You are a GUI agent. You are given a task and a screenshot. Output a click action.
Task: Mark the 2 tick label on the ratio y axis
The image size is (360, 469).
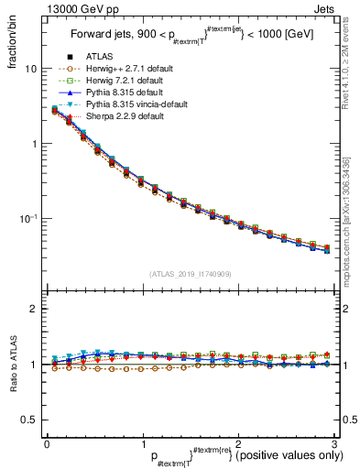tap(31, 310)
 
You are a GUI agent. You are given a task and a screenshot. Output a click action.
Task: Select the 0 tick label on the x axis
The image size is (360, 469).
tap(48, 445)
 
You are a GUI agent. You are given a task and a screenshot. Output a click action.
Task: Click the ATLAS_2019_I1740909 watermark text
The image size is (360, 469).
tap(189, 274)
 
